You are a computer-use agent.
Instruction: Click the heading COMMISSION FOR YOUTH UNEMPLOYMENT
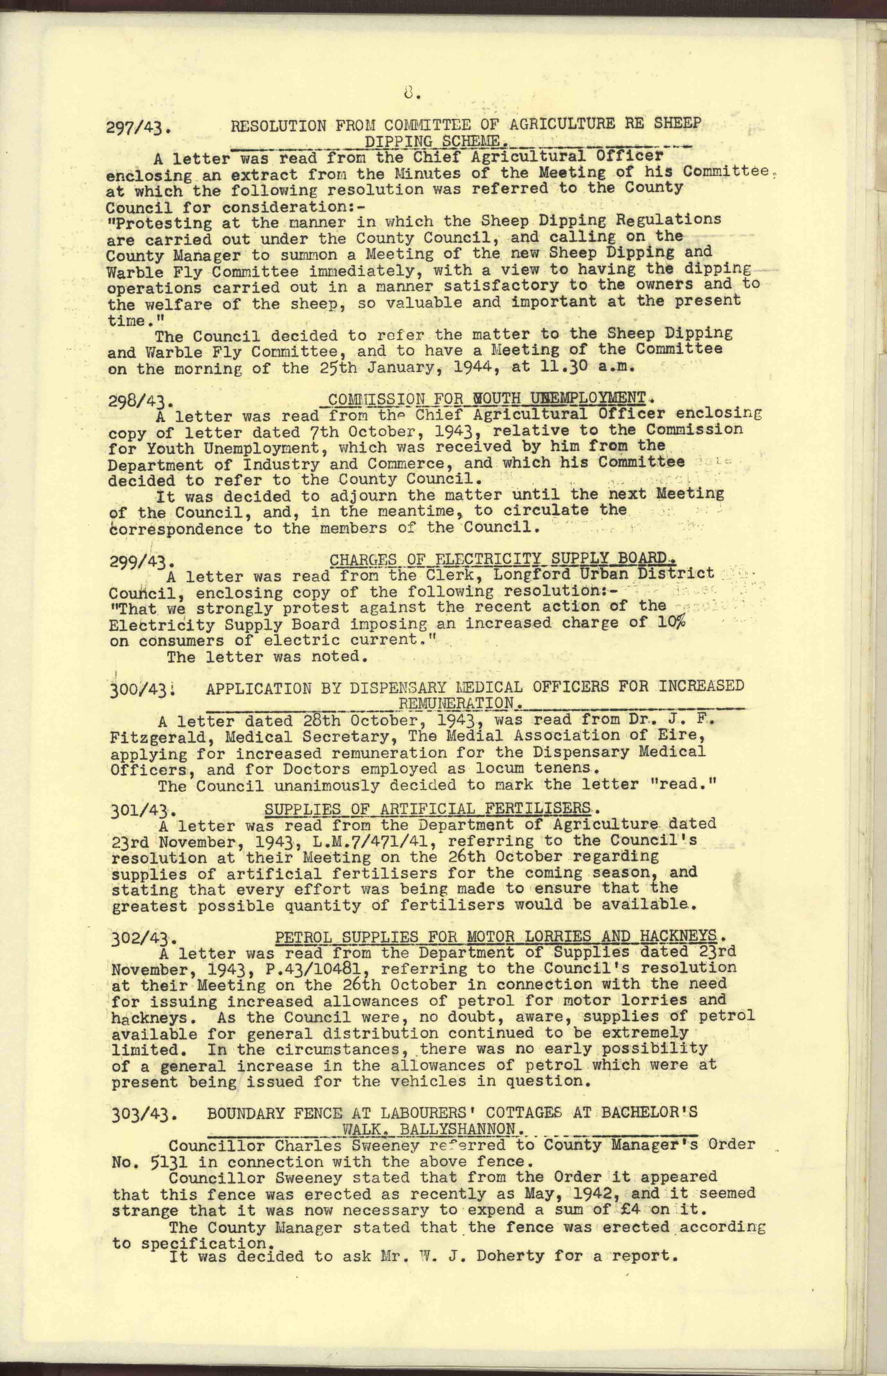click(485, 397)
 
